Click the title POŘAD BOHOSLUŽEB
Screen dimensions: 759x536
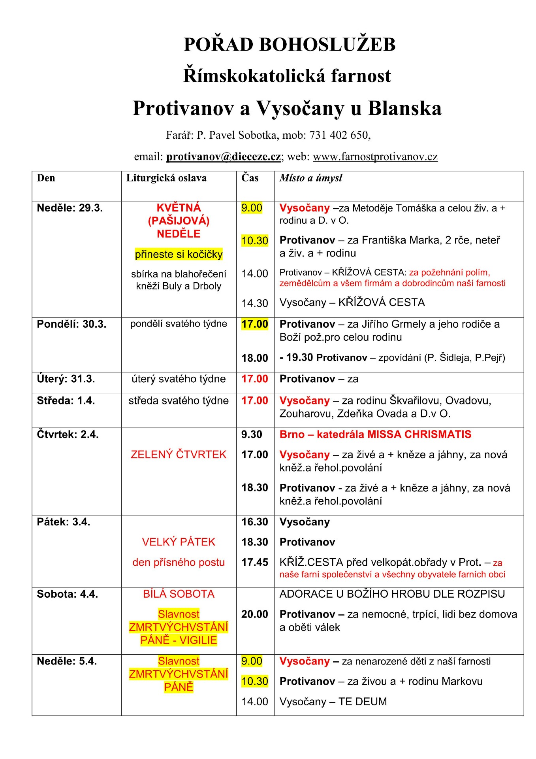(289, 44)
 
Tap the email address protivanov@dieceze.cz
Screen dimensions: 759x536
(223, 157)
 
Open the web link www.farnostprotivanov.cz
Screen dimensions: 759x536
(375, 157)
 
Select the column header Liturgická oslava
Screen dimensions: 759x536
(166, 178)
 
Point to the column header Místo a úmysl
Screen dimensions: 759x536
(310, 178)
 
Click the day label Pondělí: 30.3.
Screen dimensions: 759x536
(71, 324)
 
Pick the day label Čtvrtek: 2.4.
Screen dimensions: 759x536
(68, 434)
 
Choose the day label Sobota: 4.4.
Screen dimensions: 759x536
(67, 594)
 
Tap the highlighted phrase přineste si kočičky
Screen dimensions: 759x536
(179, 254)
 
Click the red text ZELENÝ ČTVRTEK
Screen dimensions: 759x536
(179, 455)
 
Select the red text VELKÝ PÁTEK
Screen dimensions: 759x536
(179, 542)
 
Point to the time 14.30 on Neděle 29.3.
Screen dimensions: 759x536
(255, 303)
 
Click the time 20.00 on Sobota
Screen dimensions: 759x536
(255, 614)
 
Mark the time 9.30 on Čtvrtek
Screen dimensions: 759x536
(252, 434)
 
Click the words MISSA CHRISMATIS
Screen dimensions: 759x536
(419, 434)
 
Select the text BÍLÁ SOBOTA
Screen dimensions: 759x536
(179, 594)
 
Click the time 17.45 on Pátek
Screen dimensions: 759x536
(255, 562)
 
